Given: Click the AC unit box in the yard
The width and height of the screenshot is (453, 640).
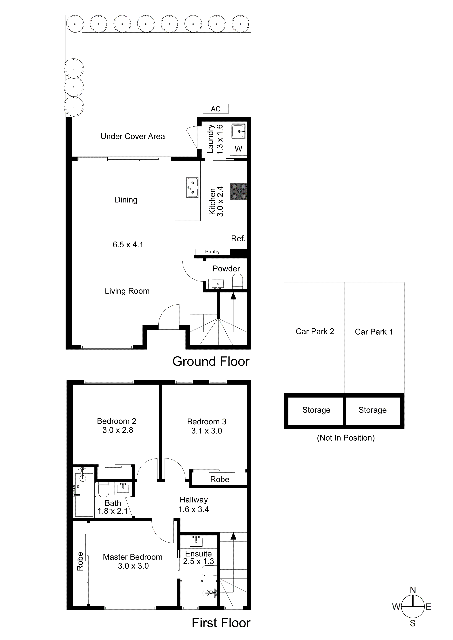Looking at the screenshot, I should [x=216, y=109].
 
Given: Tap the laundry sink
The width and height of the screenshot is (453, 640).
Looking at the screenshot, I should [x=238, y=131].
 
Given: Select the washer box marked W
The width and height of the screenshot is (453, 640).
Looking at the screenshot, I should [x=238, y=149].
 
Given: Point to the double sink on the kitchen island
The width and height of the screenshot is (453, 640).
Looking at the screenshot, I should [x=193, y=187].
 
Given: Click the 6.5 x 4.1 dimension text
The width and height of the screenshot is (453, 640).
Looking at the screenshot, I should [x=128, y=245].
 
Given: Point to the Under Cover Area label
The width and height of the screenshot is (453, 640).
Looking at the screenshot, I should [x=133, y=136].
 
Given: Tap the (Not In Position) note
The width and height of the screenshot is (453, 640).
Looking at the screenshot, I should [x=346, y=438].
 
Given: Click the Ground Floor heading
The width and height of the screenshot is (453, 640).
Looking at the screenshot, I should [x=211, y=362].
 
